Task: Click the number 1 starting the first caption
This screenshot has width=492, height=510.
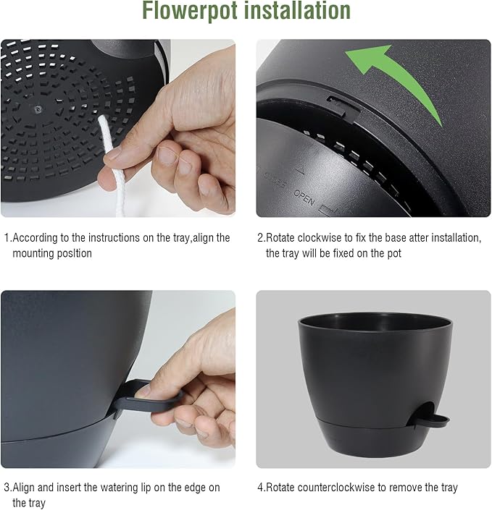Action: click(7, 237)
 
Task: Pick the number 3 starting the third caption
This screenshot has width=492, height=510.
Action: click(7, 488)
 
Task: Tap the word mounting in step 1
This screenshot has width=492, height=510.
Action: click(33, 253)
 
